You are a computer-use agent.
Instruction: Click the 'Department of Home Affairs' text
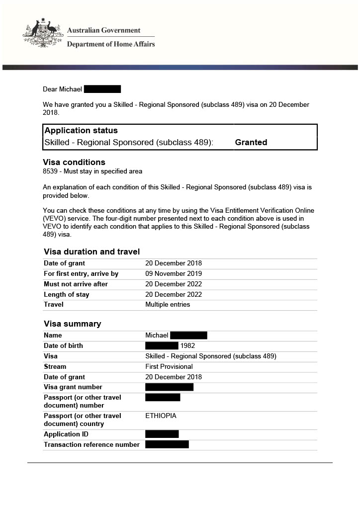pyautogui.click(x=111, y=44)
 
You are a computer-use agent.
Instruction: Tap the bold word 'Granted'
pyautogui.click(x=251, y=142)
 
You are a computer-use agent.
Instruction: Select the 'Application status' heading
pyautogui.click(x=81, y=130)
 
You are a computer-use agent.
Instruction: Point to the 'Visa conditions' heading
pyautogui.click(x=74, y=162)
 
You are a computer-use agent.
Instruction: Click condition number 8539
pyautogui.click(x=51, y=171)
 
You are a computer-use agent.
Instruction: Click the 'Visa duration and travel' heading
pyautogui.click(x=92, y=252)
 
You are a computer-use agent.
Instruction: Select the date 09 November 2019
pyautogui.click(x=174, y=274)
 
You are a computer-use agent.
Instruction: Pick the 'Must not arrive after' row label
pyautogui.click(x=76, y=284)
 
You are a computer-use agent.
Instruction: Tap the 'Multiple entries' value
pyautogui.click(x=168, y=305)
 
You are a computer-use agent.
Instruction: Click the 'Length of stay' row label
pyautogui.click(x=67, y=295)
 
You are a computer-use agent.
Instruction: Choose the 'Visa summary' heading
pyautogui.click(x=73, y=324)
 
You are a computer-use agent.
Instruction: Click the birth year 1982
pyautogui.click(x=187, y=346)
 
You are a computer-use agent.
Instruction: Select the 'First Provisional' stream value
pyautogui.click(x=168, y=367)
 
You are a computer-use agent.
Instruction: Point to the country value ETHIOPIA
pyautogui.click(x=161, y=416)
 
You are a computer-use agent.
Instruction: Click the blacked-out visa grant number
pyautogui.click(x=169, y=387)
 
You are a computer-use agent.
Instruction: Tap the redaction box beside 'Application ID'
pyautogui.click(x=162, y=434)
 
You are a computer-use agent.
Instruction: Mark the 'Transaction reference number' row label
pyautogui.click(x=91, y=445)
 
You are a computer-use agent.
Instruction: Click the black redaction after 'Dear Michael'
pyautogui.click(x=102, y=89)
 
